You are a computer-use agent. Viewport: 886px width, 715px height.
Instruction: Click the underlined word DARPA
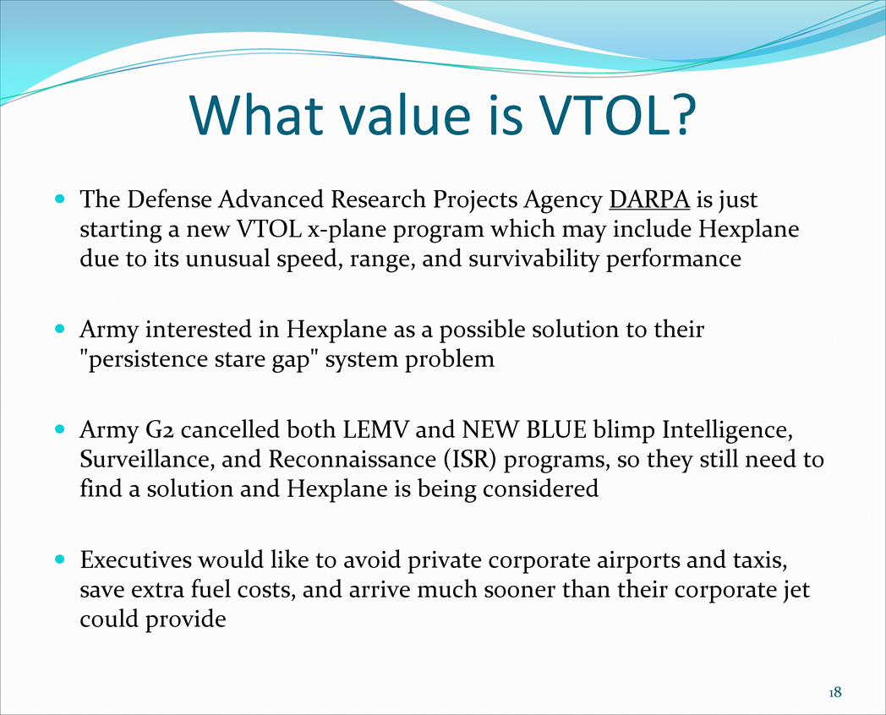coord(649,199)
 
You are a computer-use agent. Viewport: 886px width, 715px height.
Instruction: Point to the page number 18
coord(835,692)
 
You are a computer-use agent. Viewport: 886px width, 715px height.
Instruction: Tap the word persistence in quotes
coord(148,359)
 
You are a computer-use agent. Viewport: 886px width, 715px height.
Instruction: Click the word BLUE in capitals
coord(556,430)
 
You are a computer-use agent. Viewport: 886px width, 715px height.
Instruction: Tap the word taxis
coord(759,560)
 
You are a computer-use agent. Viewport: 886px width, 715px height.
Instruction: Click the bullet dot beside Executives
coord(61,559)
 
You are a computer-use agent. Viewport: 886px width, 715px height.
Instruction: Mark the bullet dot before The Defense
coord(61,199)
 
